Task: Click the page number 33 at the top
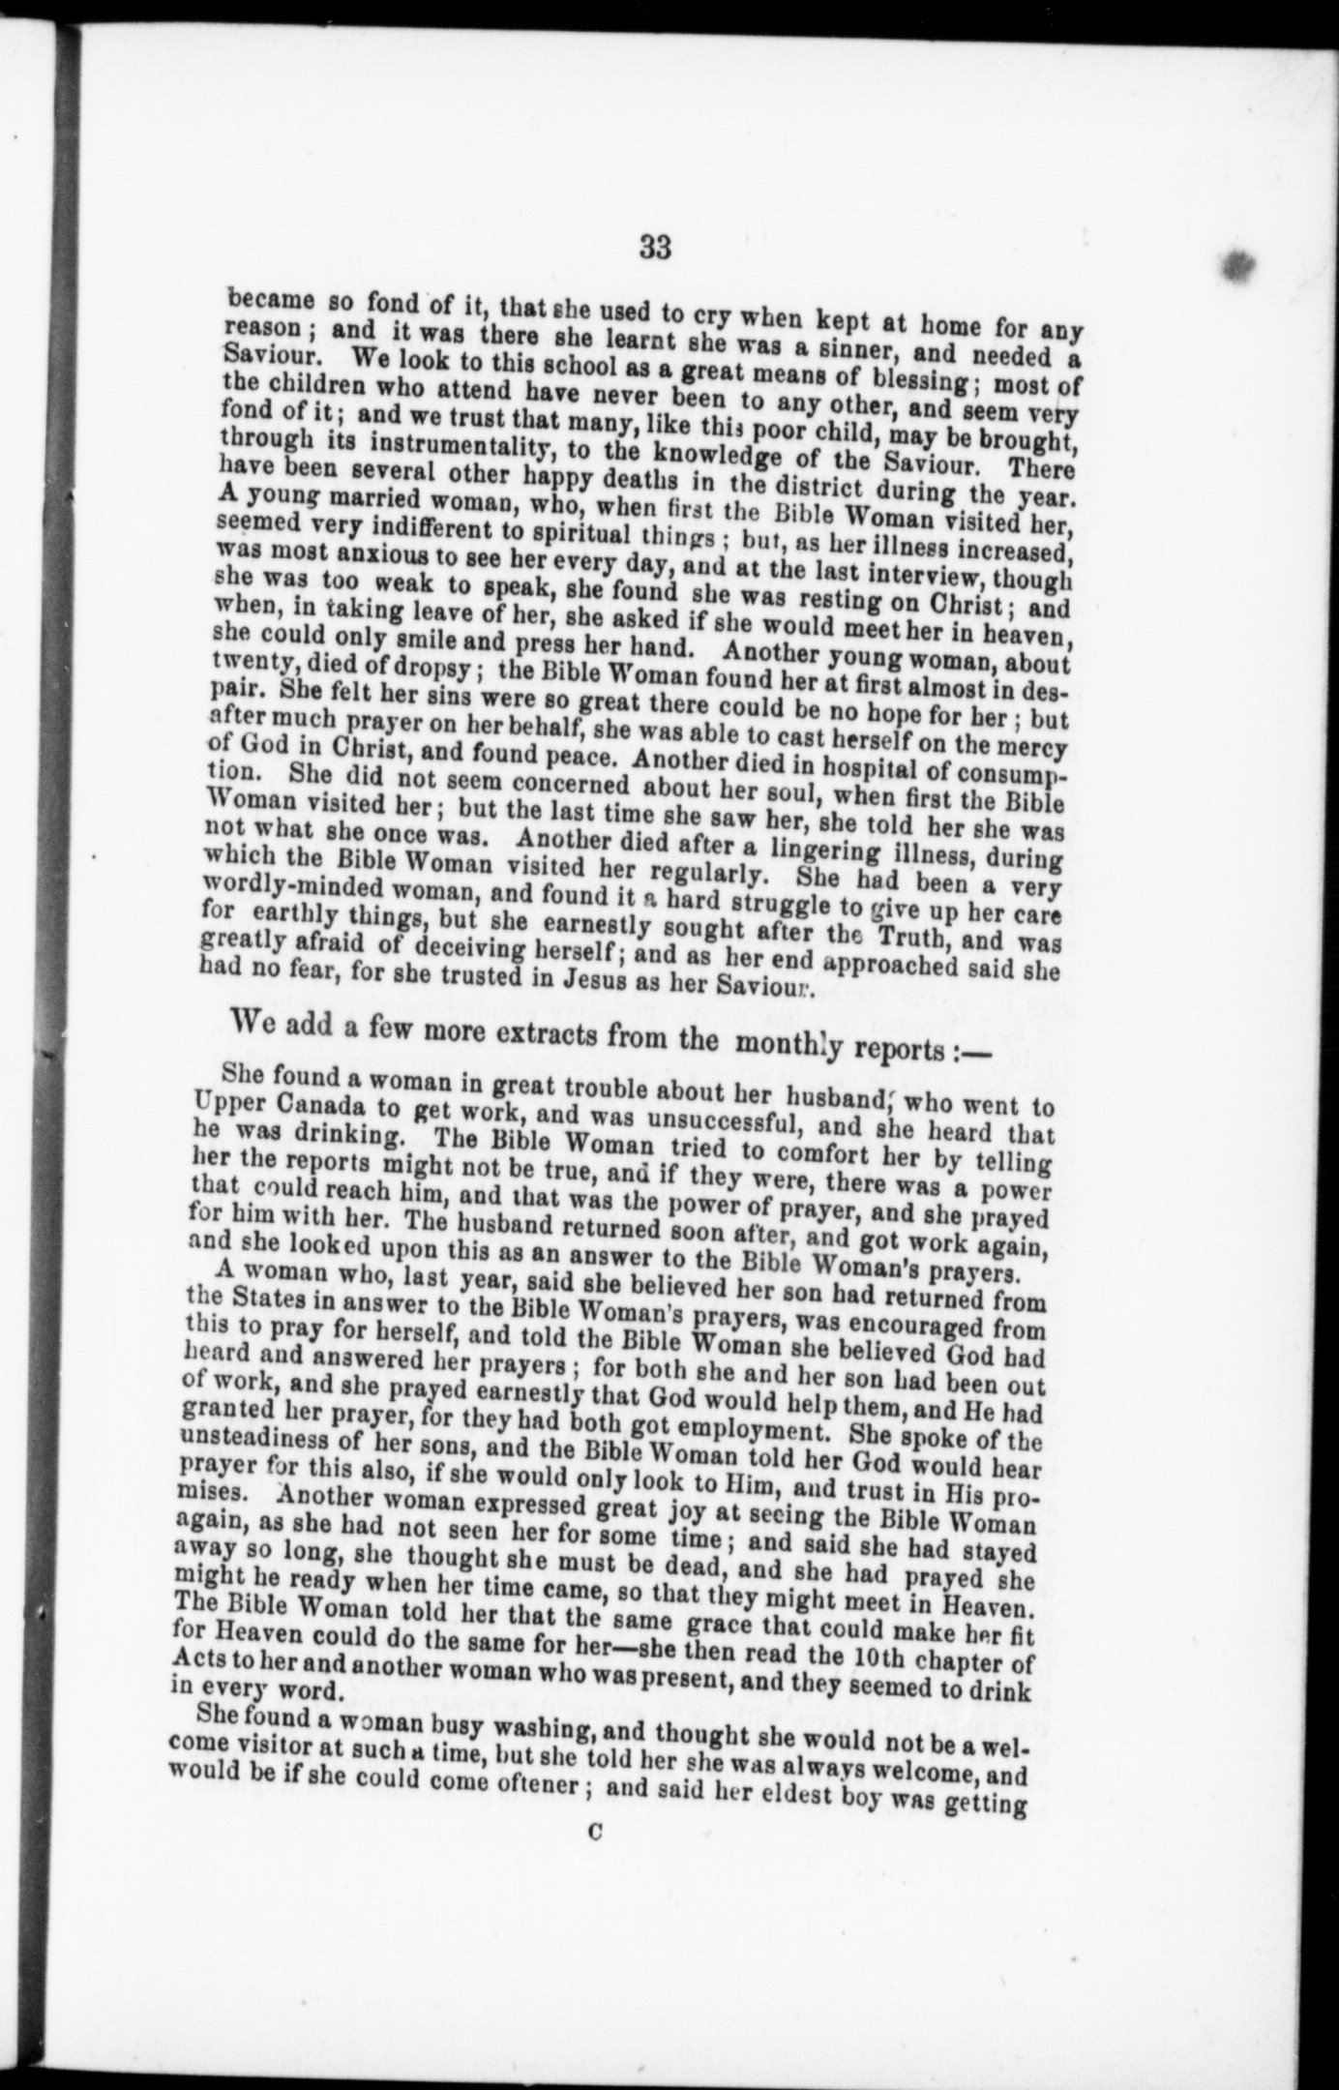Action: (x=655, y=248)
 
